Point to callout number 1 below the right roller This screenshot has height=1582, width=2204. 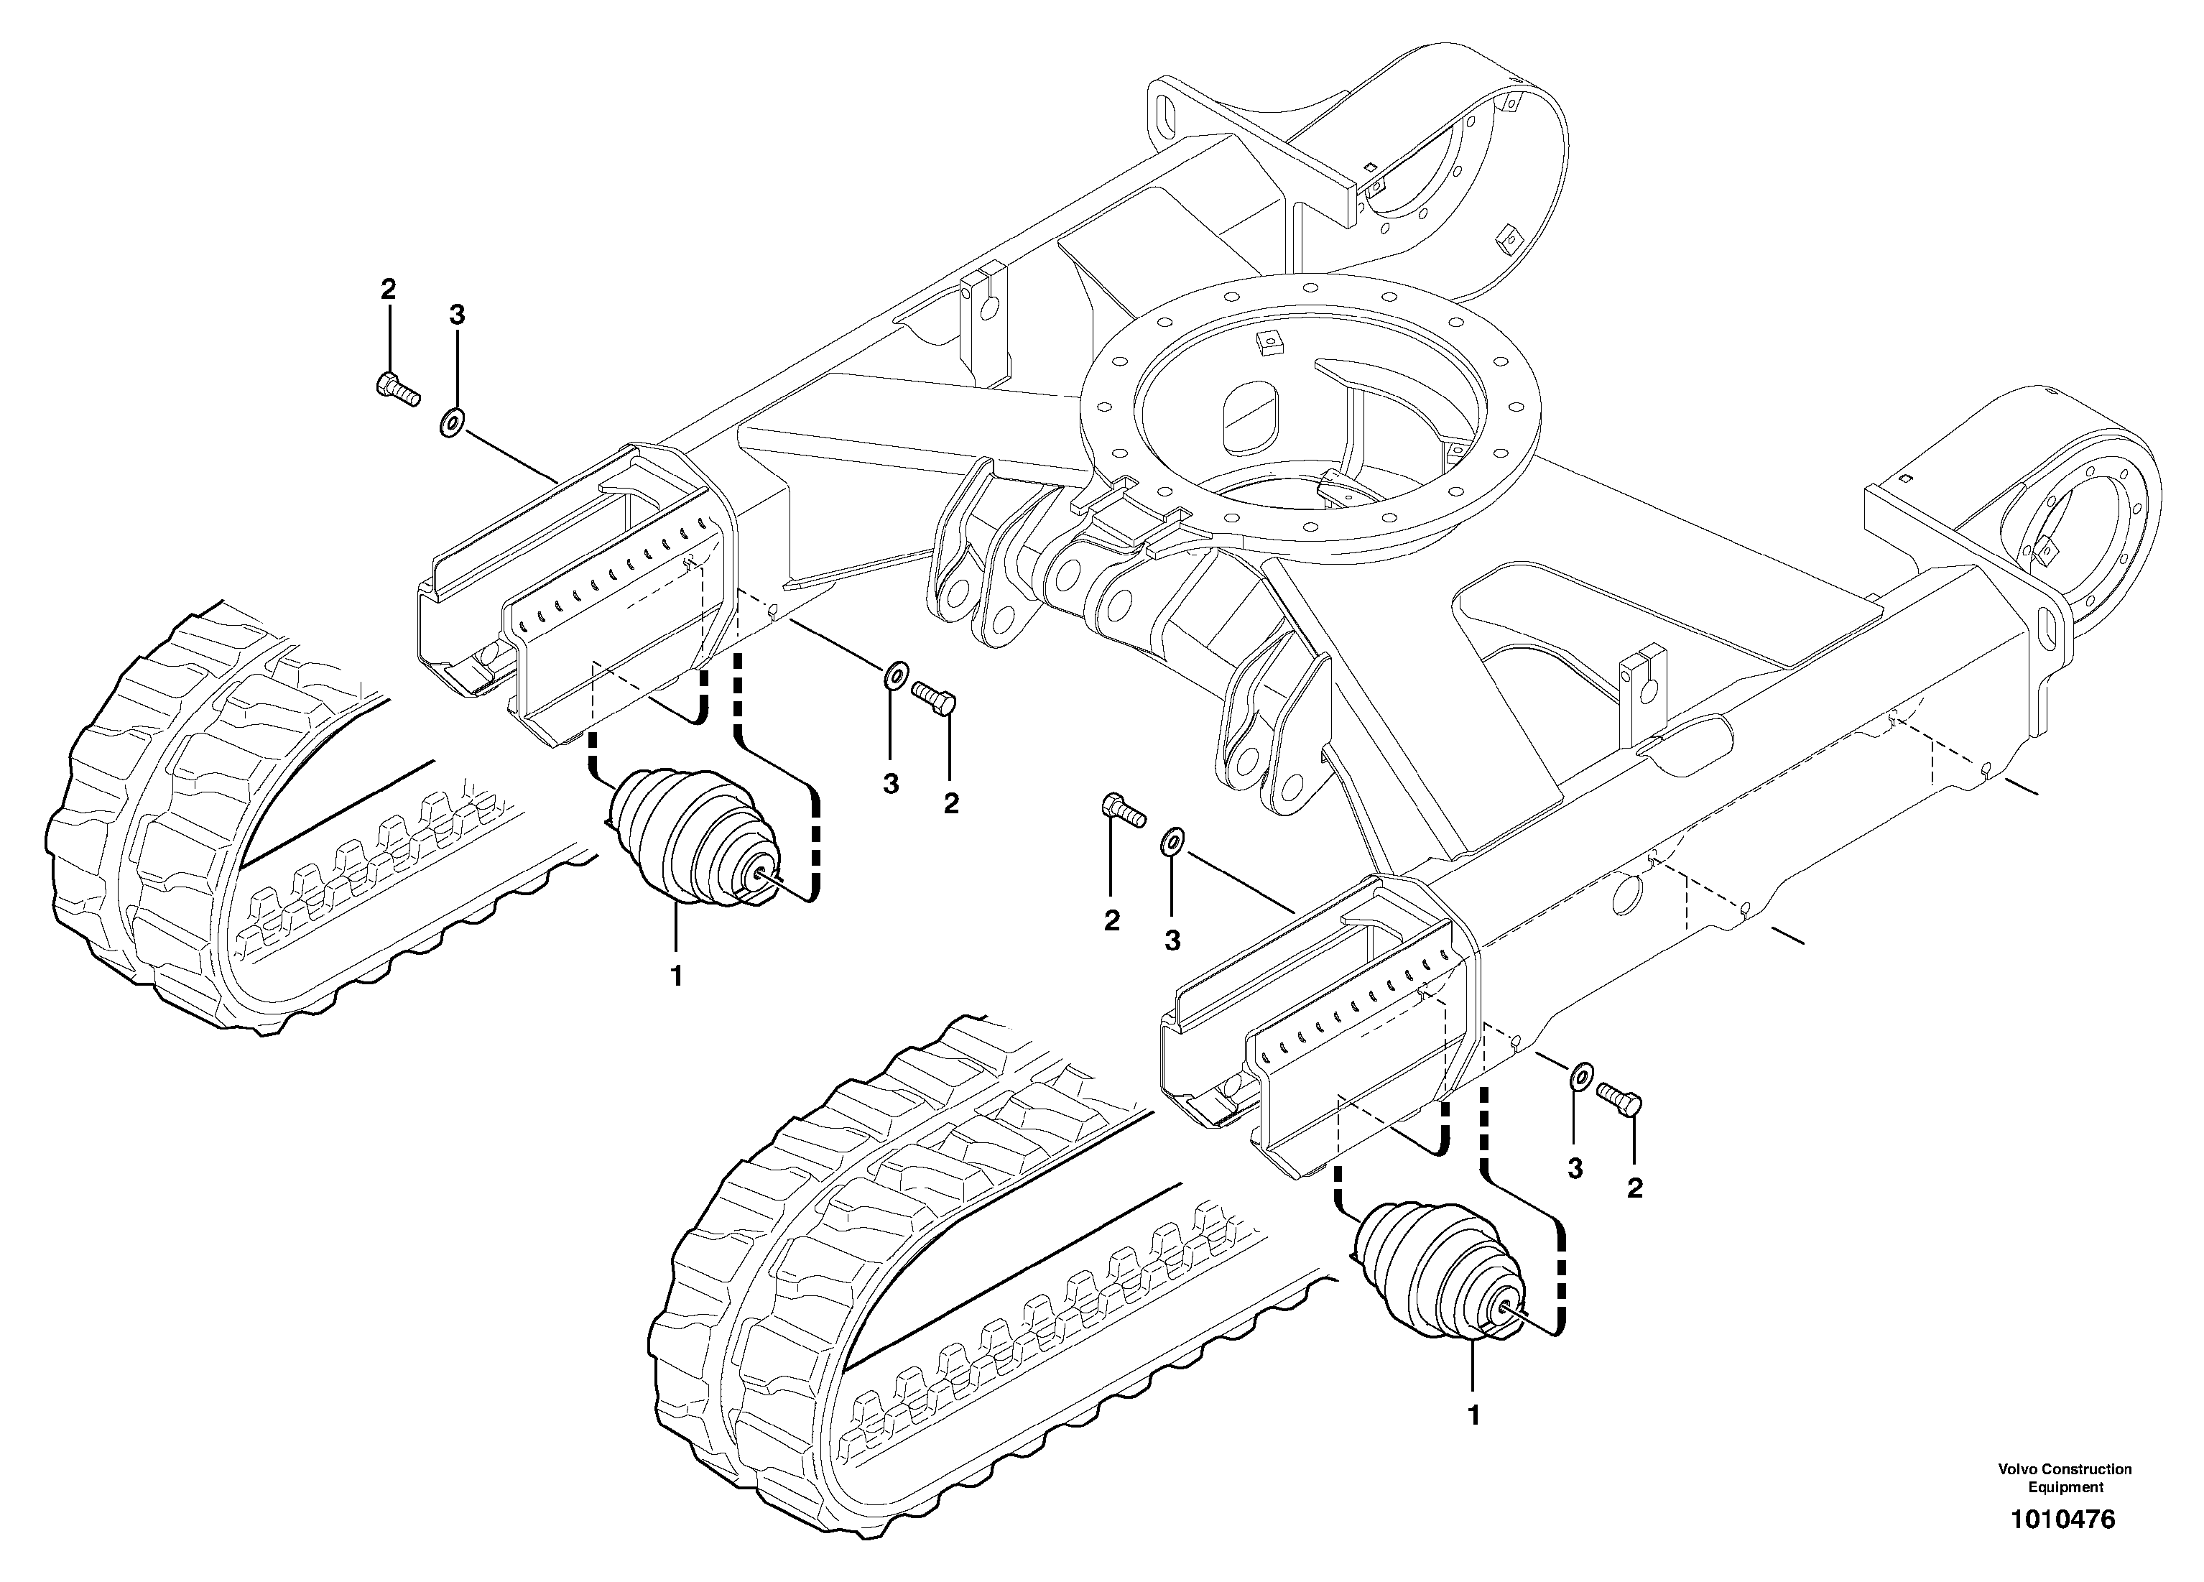click(x=1473, y=1416)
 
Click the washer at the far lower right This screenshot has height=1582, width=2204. click(x=1581, y=1075)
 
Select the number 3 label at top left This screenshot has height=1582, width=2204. click(x=457, y=314)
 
